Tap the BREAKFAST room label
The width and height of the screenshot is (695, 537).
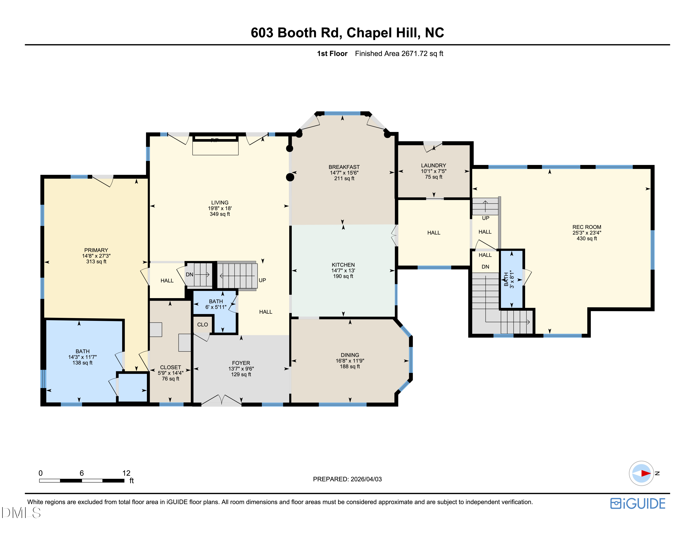pos(344,167)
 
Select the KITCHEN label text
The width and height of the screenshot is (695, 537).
pos(343,265)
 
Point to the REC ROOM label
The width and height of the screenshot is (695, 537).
pos(587,227)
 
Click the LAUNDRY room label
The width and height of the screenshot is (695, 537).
pos(433,165)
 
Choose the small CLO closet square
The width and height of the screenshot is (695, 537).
pos(202,325)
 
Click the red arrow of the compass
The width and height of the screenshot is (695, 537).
pos(645,473)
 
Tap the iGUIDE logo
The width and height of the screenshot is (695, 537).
pos(638,504)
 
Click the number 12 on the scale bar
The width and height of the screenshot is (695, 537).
pos(126,473)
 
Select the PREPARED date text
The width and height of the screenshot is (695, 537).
pos(347,479)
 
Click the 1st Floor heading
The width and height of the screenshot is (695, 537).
pos(332,54)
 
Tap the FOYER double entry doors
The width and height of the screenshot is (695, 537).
pos(222,401)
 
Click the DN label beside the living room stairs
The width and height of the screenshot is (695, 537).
pos(189,275)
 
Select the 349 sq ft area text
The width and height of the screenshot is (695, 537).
pos(219,214)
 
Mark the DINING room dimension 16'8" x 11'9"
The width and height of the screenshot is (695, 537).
pos(350,361)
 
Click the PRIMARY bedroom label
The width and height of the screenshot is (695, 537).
pos(96,250)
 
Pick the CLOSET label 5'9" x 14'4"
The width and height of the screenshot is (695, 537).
pos(171,373)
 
